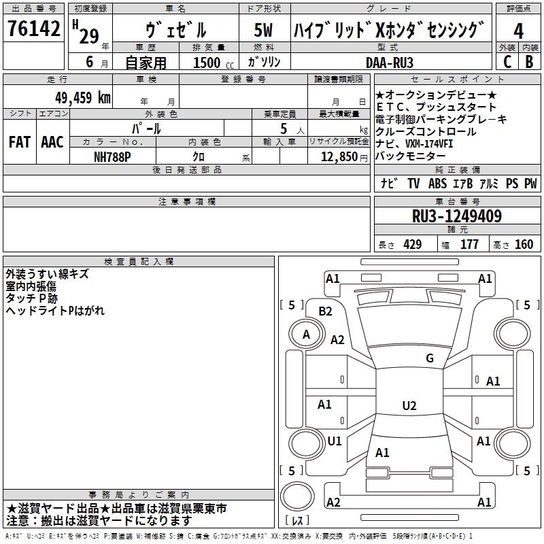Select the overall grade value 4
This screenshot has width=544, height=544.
[x=518, y=31]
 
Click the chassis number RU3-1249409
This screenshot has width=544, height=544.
[x=457, y=216]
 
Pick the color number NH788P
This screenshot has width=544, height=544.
[x=113, y=157]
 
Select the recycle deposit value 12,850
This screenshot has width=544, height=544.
[x=334, y=157]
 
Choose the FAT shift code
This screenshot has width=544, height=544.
[x=19, y=141]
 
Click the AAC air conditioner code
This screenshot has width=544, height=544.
[x=52, y=141]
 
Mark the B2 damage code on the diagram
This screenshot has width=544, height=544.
[x=326, y=311]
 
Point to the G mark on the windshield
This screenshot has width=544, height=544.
[x=429, y=358]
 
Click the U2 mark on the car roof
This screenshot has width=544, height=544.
[x=409, y=406]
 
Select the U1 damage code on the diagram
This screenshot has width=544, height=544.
[x=335, y=441]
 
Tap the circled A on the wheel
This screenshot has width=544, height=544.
[x=306, y=335]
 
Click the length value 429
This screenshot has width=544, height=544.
[x=411, y=245]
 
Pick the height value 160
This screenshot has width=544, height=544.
[x=524, y=245]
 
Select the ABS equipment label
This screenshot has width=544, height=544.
[x=438, y=184]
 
